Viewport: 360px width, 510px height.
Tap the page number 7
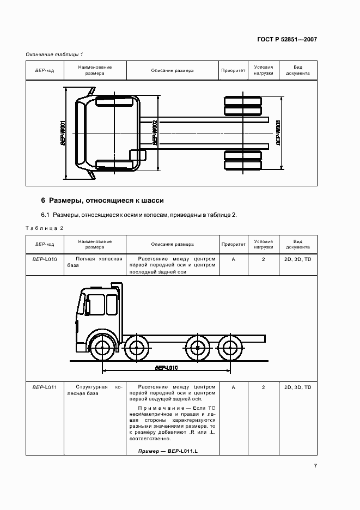(315, 465)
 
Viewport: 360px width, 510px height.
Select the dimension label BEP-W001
(64, 132)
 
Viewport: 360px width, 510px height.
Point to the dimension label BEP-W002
(155, 132)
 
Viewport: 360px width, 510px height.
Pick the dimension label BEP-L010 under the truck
(166, 368)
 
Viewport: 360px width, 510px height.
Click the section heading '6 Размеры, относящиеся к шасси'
(102, 200)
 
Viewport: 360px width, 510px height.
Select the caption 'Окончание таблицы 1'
(54, 54)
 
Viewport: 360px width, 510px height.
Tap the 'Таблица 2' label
(45, 228)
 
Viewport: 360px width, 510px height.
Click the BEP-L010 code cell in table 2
(45, 259)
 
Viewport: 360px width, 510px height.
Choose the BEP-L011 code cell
(45, 387)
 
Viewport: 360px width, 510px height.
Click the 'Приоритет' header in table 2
(233, 245)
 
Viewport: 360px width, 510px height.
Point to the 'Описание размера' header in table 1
(172, 70)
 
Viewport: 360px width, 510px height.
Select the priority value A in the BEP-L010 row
(233, 259)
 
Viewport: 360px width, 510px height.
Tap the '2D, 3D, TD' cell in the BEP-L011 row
(297, 387)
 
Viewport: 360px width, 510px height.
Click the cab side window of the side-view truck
(96, 305)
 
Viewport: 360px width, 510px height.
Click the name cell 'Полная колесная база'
(95, 262)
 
